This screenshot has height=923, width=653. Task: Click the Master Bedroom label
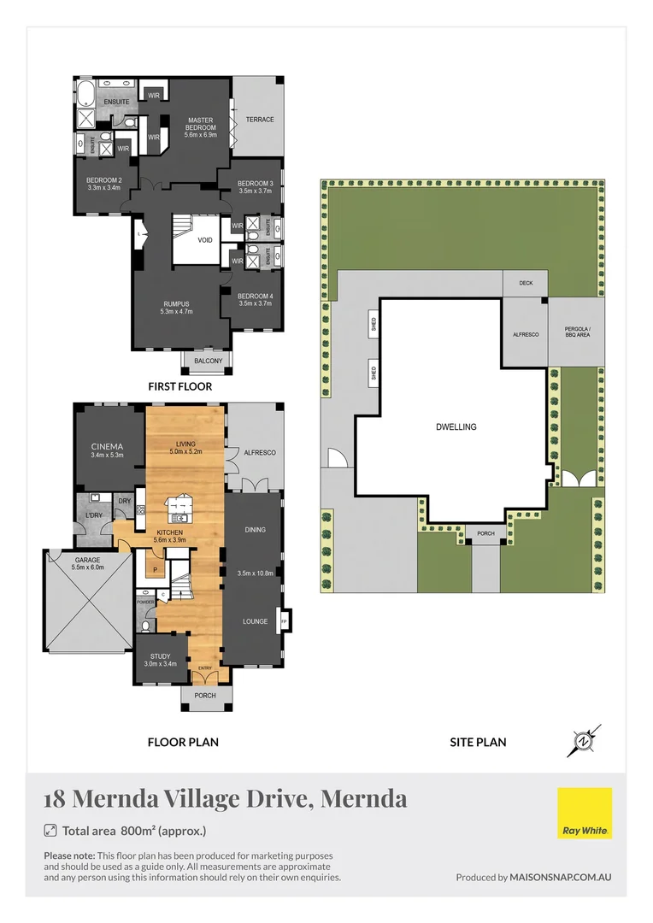coord(201,127)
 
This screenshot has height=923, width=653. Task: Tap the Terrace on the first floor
coord(260,120)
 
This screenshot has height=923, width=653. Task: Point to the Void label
coord(205,240)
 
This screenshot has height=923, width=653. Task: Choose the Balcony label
coord(208,362)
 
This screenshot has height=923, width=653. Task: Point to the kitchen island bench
coord(182,510)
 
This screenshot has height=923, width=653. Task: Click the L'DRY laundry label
coord(93,516)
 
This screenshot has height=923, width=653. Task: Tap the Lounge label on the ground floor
coord(255,621)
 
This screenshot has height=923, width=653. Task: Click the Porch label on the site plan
coord(485,534)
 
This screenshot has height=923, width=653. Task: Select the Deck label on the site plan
coord(525,285)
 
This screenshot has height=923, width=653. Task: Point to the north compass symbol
coord(584,740)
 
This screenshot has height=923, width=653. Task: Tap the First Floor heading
coord(179,386)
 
